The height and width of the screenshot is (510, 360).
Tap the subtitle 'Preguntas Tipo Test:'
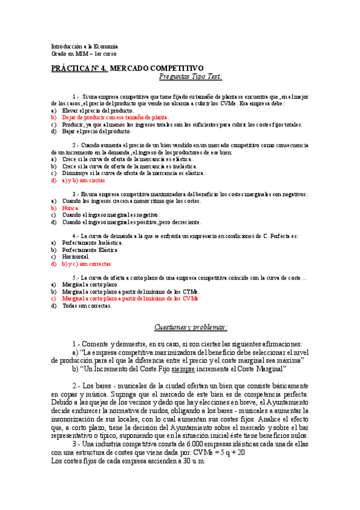point(191,76)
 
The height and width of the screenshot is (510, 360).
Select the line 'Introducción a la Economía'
point(84,46)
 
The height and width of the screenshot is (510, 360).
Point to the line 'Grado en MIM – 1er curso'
point(84,54)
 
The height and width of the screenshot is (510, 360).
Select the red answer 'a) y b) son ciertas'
point(84,180)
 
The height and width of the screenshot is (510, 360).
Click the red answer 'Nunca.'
point(71,207)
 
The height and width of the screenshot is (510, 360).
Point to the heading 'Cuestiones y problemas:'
point(191,327)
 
